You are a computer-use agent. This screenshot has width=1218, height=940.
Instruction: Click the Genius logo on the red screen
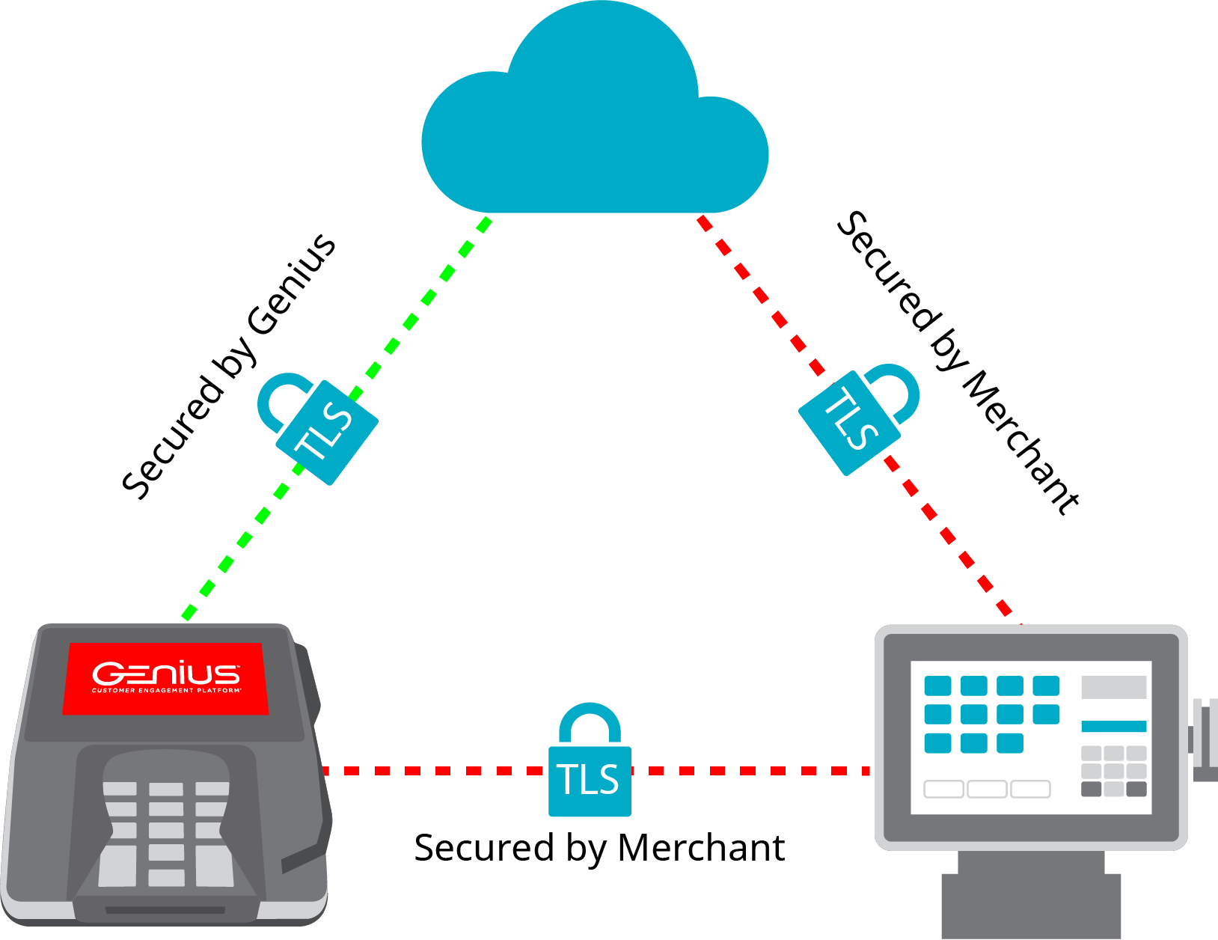coord(166,676)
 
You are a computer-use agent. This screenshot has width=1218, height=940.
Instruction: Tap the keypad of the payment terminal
coord(166,831)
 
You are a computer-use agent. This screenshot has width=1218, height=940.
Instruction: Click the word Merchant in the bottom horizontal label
coord(701,848)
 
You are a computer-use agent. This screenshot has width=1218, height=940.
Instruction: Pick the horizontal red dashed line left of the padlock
coord(434,770)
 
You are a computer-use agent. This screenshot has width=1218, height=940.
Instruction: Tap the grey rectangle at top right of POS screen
coord(1113,687)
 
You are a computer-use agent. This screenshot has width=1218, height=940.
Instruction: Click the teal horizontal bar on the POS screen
coord(1113,726)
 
